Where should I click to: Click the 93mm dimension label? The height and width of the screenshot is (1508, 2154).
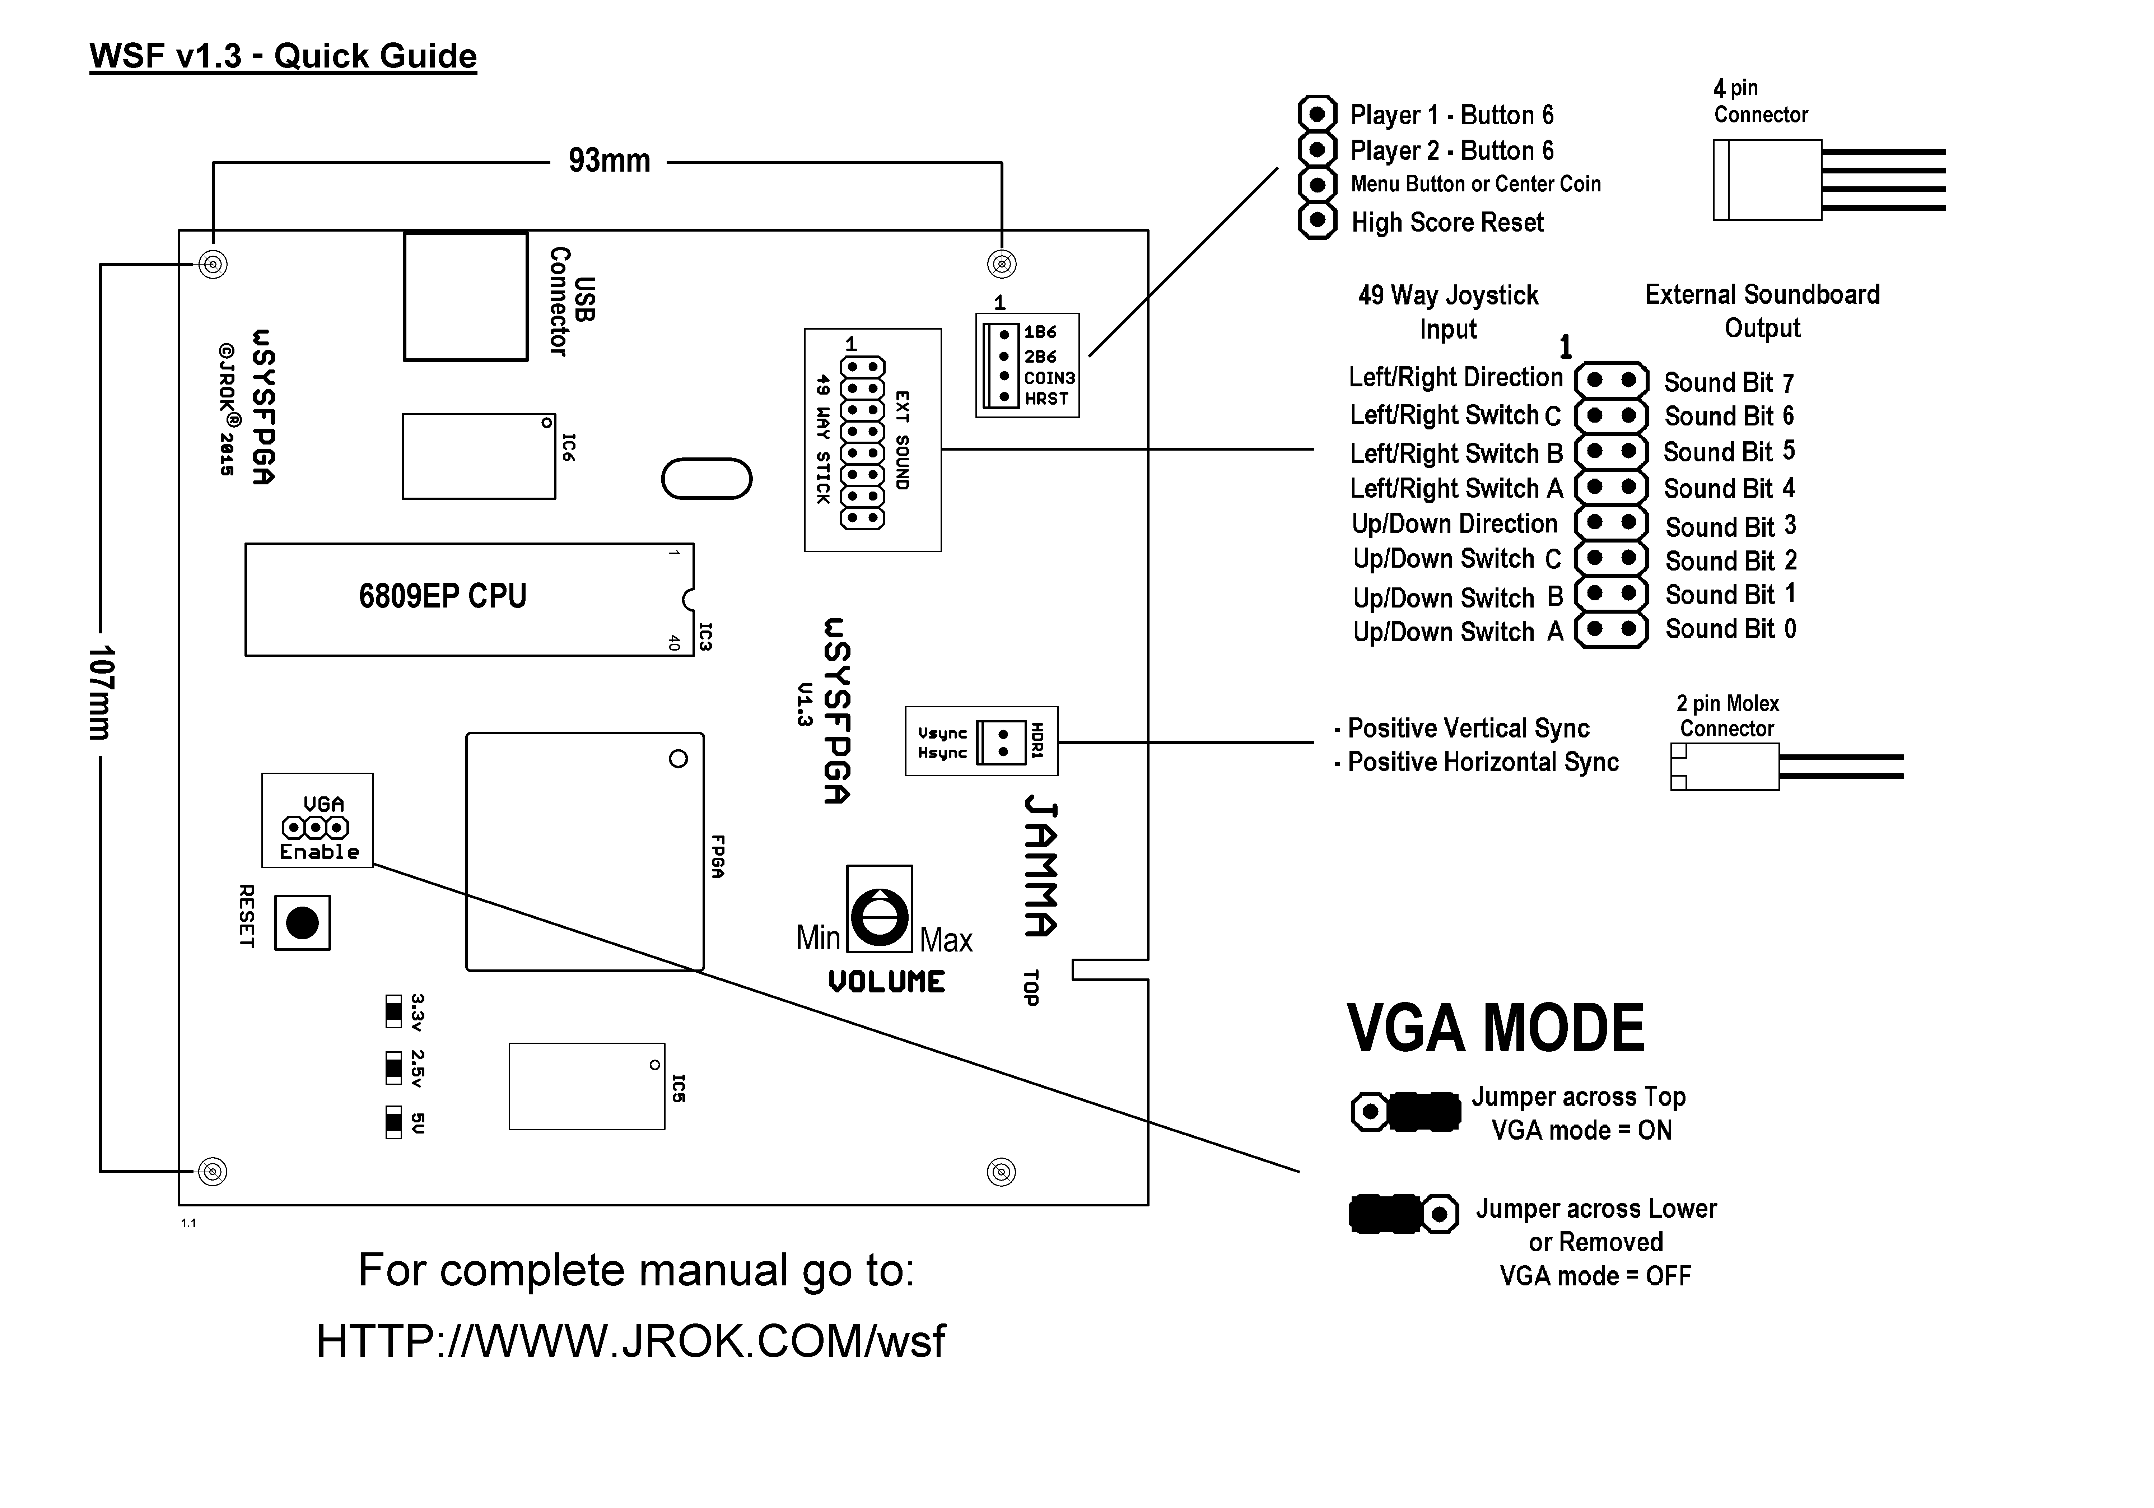[609, 162]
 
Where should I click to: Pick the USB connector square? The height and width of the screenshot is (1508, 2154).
[465, 297]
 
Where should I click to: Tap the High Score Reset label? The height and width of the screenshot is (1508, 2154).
[1447, 222]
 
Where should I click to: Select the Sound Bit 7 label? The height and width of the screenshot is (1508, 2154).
[1728, 383]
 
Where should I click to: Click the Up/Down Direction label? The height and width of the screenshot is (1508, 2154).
[1454, 523]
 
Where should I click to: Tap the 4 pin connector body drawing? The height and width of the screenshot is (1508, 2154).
[1767, 180]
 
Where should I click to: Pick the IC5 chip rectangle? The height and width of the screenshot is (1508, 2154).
[586, 1086]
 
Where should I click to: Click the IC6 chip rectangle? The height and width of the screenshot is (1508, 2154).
[479, 456]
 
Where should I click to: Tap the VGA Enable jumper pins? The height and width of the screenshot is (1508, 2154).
[315, 828]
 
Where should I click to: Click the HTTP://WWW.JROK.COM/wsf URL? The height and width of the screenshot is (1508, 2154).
[630, 1341]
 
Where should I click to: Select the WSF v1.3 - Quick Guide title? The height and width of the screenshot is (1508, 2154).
[283, 56]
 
